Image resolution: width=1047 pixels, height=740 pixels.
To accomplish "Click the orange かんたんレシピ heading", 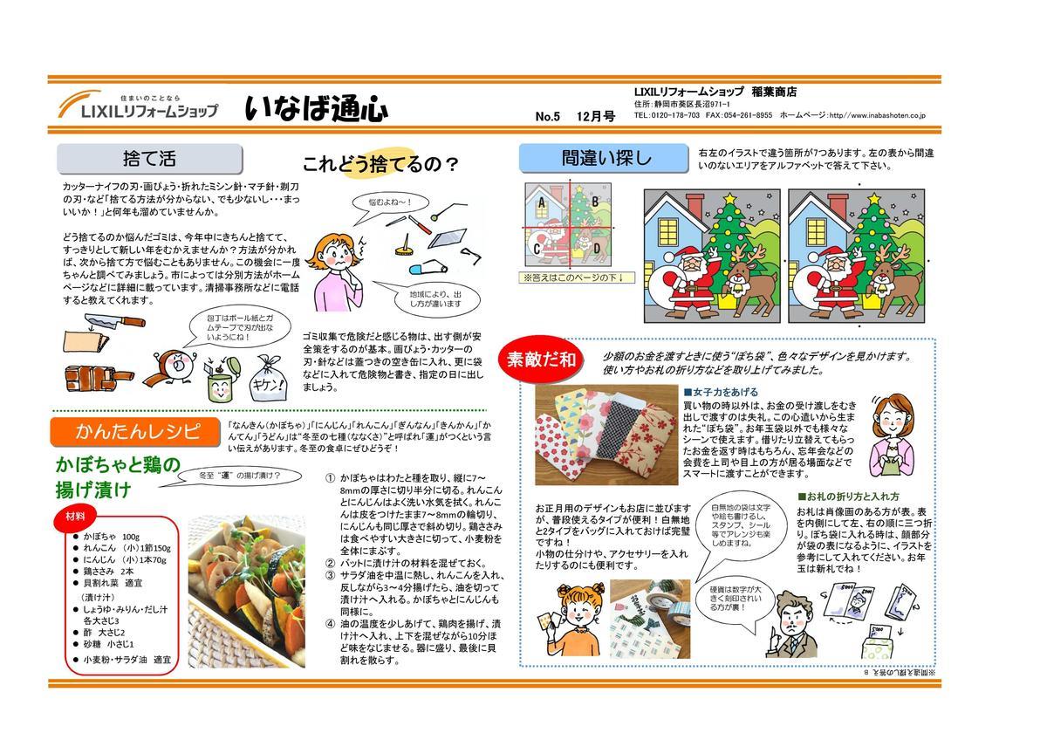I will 138,432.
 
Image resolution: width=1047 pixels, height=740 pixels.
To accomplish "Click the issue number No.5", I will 548,116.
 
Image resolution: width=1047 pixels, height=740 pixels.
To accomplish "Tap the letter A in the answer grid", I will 541,204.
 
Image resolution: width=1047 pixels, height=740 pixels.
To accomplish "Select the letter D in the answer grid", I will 597,247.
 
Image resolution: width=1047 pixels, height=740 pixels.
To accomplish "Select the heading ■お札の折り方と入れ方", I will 849,497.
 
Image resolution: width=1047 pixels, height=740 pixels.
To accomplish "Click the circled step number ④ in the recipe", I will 330,624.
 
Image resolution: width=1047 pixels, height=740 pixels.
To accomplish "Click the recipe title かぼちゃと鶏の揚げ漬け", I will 118,476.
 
